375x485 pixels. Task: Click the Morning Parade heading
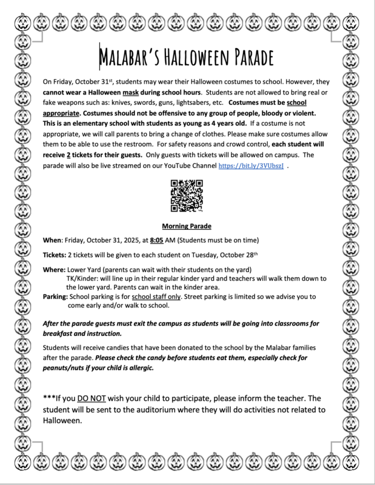tap(187, 226)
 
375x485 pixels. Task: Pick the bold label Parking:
tap(55, 297)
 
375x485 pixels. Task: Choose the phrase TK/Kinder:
tap(84, 278)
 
